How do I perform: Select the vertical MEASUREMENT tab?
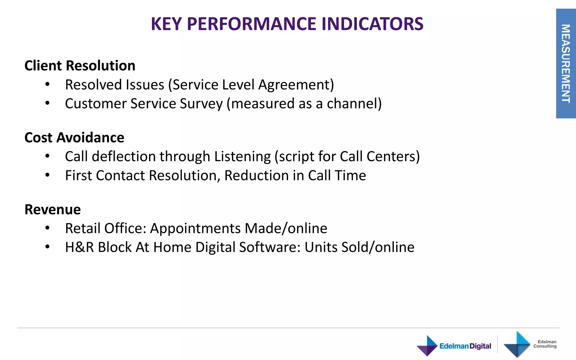(566, 64)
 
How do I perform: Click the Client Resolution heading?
(80, 66)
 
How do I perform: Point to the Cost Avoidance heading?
(74, 138)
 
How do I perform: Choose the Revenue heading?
(53, 210)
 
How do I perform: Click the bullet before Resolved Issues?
(47, 84)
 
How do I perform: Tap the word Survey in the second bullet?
(201, 103)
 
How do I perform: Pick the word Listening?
(242, 157)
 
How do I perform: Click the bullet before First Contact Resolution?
(47, 175)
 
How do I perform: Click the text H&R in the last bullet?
(79, 247)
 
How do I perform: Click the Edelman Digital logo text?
(465, 346)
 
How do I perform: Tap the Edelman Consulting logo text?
(545, 344)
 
